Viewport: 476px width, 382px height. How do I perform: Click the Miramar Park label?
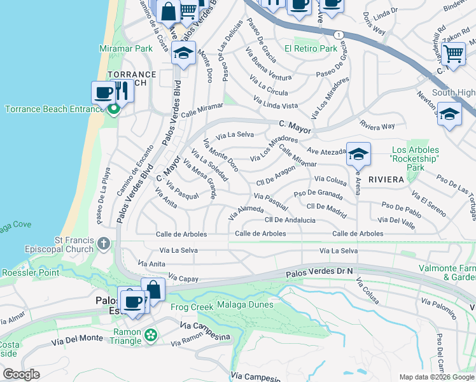click(126, 48)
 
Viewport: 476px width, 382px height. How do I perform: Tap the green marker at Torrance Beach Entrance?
click(114, 110)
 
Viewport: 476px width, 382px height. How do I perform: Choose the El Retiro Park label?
click(311, 48)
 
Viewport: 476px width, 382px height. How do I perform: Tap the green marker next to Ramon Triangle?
click(150, 335)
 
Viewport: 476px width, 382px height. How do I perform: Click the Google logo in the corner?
click(21, 374)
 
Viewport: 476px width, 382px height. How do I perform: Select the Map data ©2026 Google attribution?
click(436, 376)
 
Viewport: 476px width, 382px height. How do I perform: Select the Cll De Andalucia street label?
click(290, 220)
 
